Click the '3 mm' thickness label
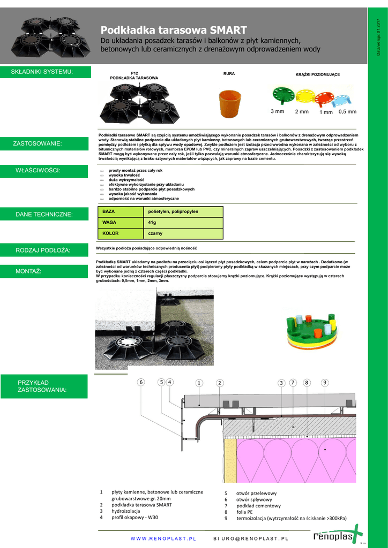277,111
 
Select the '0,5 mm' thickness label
347,111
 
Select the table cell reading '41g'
152,223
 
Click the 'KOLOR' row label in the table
110,234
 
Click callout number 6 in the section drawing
141,382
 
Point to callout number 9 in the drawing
325,383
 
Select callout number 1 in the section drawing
199,383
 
